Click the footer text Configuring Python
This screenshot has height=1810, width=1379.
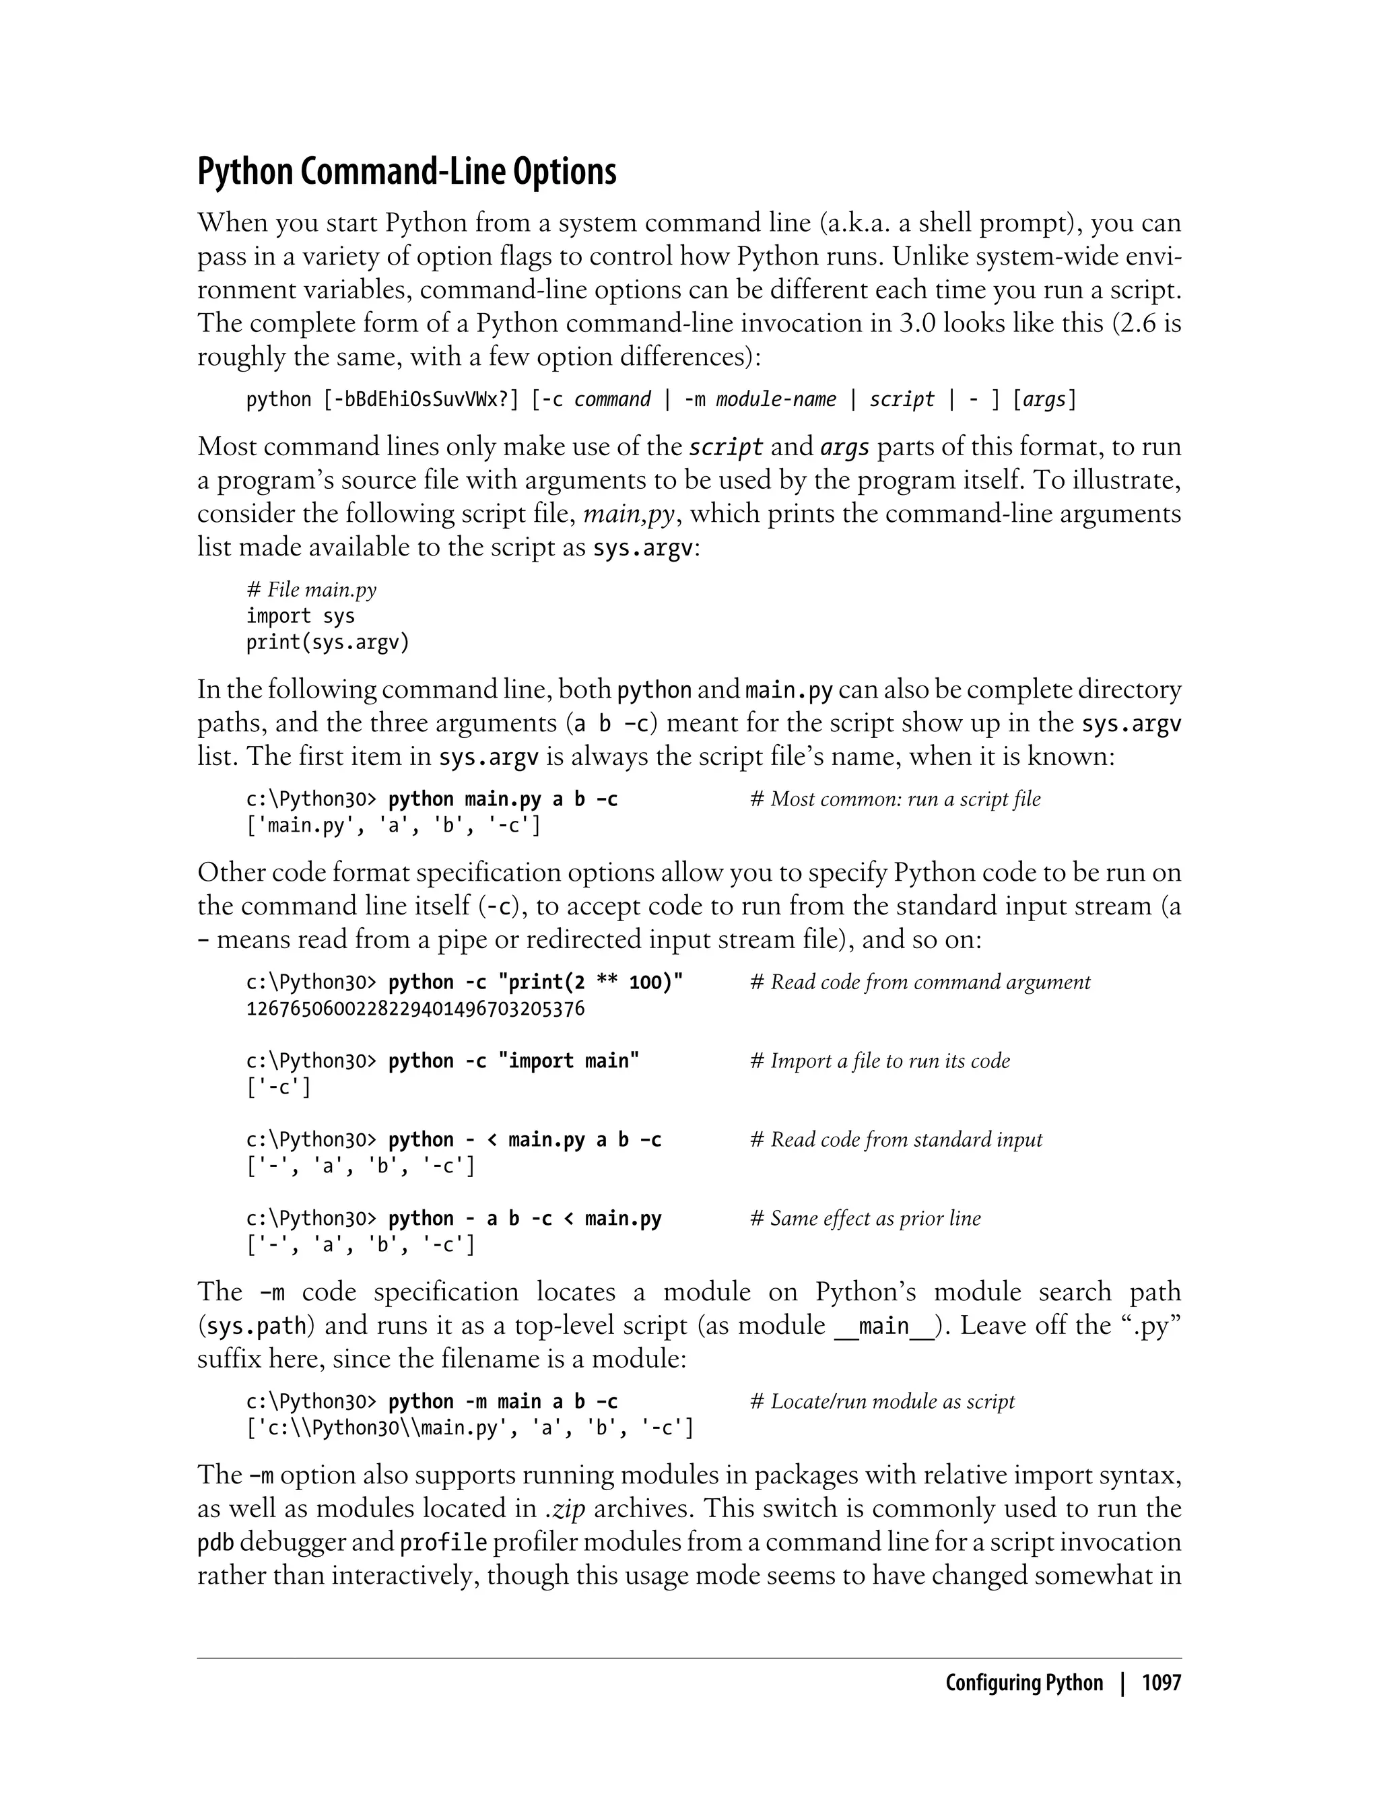click(1023, 1683)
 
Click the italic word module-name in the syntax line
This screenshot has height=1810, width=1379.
click(776, 400)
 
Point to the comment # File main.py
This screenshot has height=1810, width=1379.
click(311, 590)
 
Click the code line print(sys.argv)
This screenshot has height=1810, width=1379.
click(327, 642)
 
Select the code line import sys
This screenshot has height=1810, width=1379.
click(300, 617)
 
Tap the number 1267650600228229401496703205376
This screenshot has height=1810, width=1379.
click(415, 1008)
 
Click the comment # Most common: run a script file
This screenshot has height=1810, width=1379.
click(895, 799)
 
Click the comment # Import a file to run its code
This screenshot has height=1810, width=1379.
click(880, 1061)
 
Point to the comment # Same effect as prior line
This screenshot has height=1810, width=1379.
click(865, 1218)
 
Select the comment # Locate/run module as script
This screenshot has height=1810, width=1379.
click(882, 1401)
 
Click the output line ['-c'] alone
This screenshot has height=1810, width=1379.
click(278, 1087)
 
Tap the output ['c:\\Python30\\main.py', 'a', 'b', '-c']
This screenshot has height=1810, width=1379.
click(469, 1428)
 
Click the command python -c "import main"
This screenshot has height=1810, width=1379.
click(513, 1061)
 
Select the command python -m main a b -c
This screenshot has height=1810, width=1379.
click(502, 1401)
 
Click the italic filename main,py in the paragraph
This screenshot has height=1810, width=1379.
click(628, 514)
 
